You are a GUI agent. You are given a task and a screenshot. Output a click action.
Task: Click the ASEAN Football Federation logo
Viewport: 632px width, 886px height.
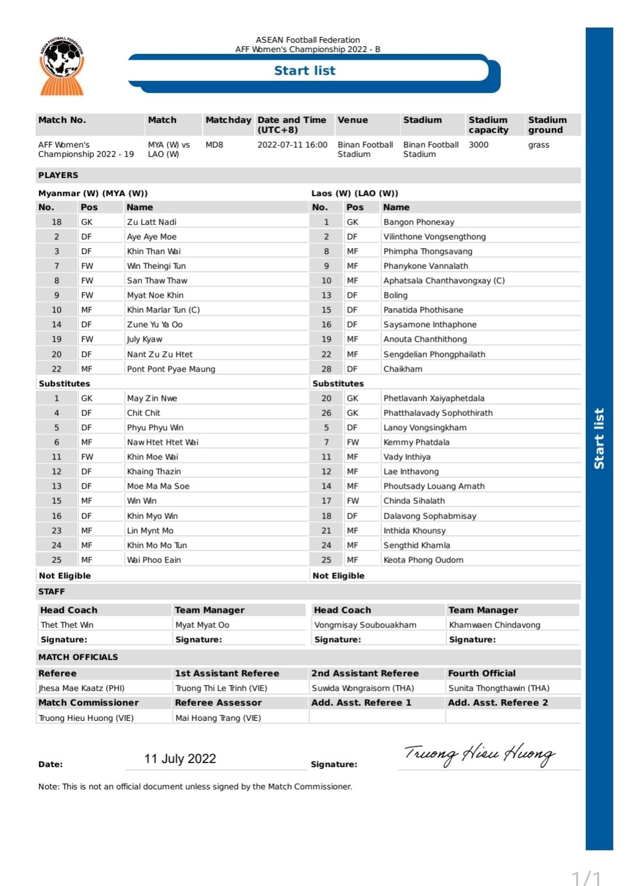coord(61,66)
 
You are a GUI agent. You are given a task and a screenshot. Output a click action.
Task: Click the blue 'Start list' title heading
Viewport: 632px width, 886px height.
coord(304,71)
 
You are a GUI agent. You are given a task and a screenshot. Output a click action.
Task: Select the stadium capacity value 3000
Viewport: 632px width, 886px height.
coord(478,145)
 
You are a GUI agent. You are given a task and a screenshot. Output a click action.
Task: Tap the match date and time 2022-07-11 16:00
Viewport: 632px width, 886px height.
coord(292,145)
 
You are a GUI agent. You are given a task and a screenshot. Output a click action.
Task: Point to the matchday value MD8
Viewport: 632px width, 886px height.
coord(214,145)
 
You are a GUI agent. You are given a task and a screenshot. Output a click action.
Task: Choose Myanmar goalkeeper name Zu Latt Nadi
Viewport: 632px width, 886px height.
coord(152,222)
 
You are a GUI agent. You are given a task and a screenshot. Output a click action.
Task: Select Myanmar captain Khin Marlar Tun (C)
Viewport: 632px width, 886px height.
coord(163,310)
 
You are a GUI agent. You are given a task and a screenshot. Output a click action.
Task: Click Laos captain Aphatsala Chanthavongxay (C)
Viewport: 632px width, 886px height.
coord(444,280)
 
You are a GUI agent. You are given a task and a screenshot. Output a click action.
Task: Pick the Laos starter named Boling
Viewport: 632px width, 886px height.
coord(395,296)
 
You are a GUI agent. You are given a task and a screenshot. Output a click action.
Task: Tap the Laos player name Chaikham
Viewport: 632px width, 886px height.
coord(403,369)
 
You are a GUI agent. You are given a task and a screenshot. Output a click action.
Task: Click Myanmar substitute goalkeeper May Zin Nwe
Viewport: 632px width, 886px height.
coord(152,398)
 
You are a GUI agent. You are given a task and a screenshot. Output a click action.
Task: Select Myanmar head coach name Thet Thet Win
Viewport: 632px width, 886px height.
coord(67,625)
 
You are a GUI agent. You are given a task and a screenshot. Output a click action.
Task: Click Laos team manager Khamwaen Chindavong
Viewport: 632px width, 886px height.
coord(494,625)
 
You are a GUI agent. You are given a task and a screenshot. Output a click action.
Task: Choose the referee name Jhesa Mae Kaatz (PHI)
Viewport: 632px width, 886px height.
coord(81,688)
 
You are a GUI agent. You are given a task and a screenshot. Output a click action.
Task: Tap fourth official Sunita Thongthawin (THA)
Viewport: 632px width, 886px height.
coord(499,688)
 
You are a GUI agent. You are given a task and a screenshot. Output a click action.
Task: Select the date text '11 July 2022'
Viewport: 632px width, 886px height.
coord(180,759)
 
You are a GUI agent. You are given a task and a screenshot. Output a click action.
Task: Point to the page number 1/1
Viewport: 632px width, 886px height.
coord(586,877)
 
